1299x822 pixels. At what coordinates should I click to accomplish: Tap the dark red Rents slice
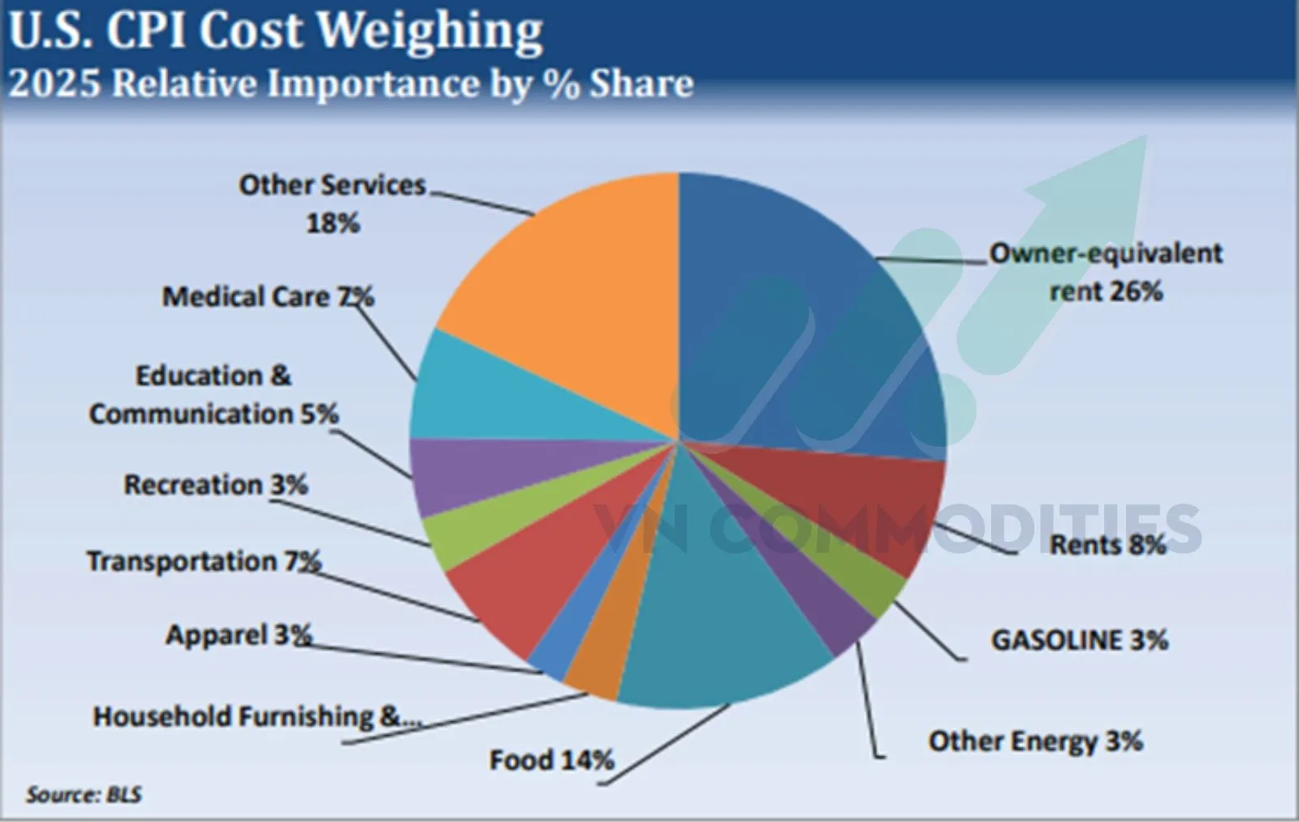click(861, 504)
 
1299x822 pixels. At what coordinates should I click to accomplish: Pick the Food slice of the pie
click(714, 634)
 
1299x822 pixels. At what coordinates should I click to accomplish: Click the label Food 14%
click(551, 760)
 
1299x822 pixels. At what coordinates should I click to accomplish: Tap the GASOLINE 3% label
click(1079, 640)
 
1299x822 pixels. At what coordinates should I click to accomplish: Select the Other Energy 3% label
click(1035, 741)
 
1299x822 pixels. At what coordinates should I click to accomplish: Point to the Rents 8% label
click(1107, 544)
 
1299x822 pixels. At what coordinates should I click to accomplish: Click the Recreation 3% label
click(215, 485)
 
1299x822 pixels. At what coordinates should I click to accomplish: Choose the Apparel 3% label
click(239, 634)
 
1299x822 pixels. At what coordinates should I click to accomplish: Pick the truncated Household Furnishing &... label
click(257, 716)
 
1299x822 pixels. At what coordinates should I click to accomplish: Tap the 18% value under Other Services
click(332, 223)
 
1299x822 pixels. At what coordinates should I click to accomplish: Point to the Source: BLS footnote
click(84, 794)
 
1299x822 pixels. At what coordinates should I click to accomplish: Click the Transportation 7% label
click(204, 561)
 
